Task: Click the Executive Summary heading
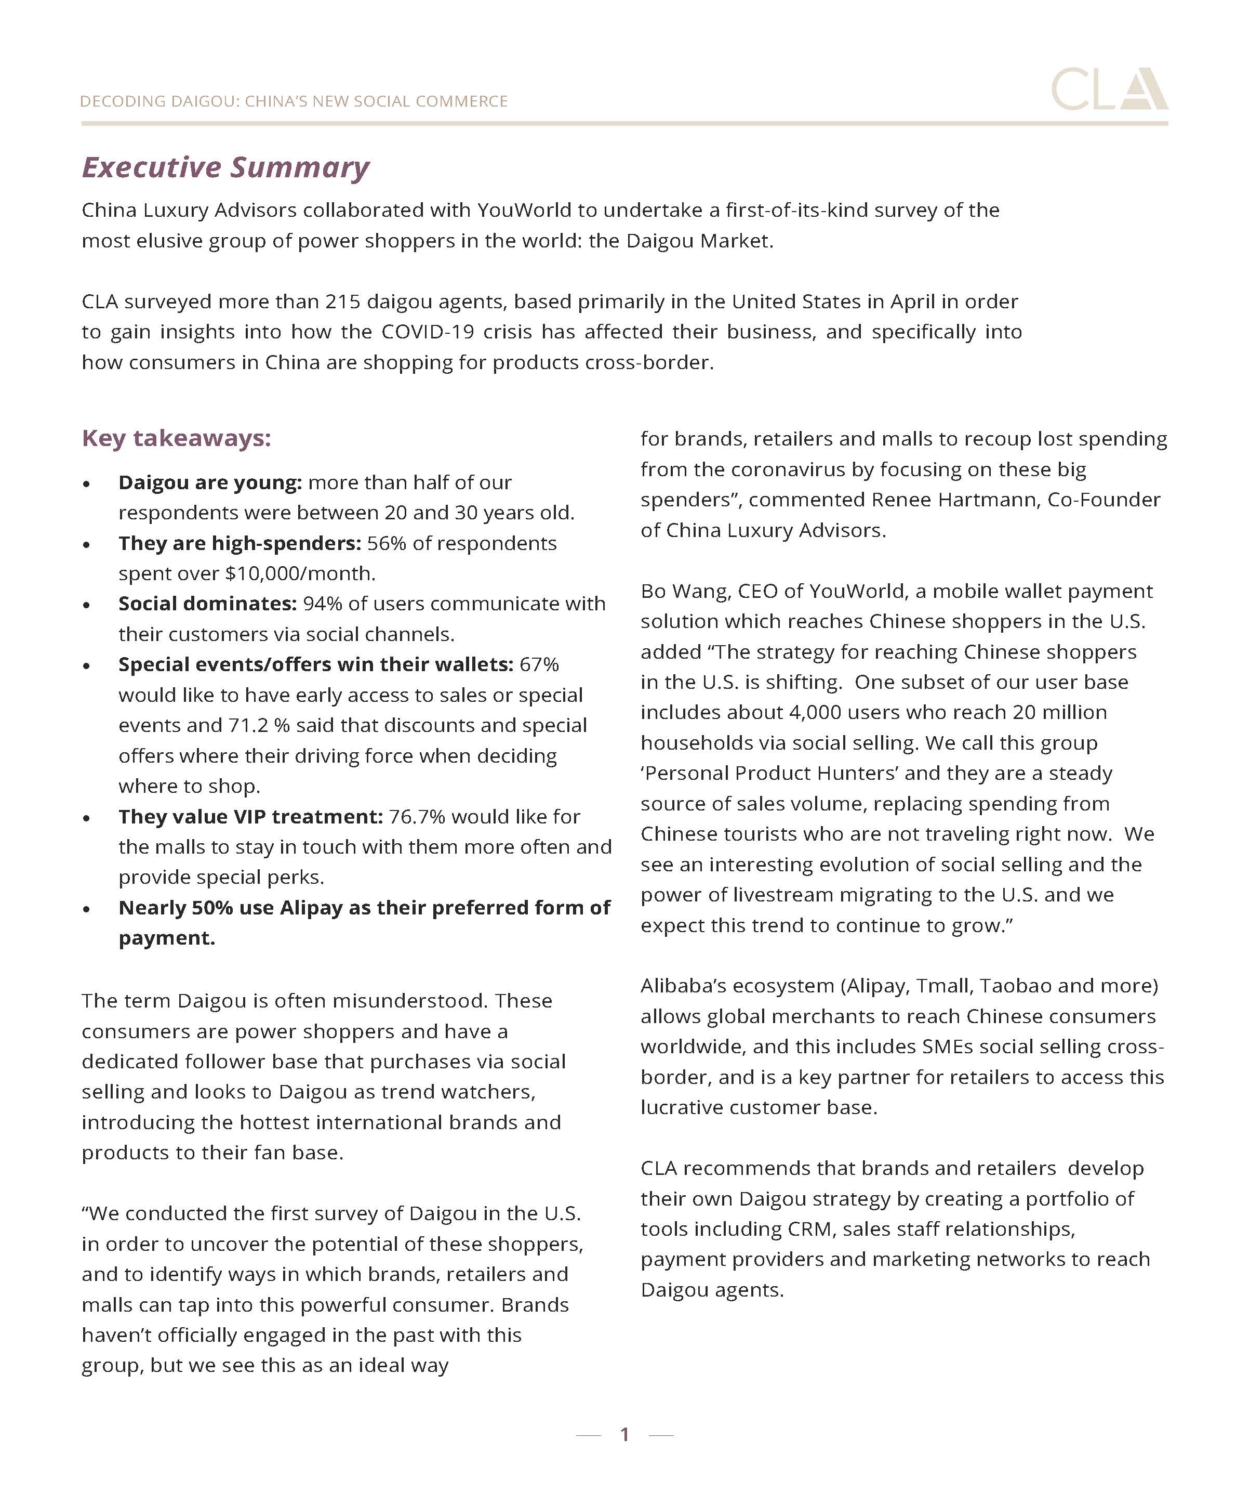click(225, 167)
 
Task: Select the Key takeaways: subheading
click(176, 438)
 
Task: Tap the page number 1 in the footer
click(624, 1434)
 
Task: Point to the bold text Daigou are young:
click(210, 483)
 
